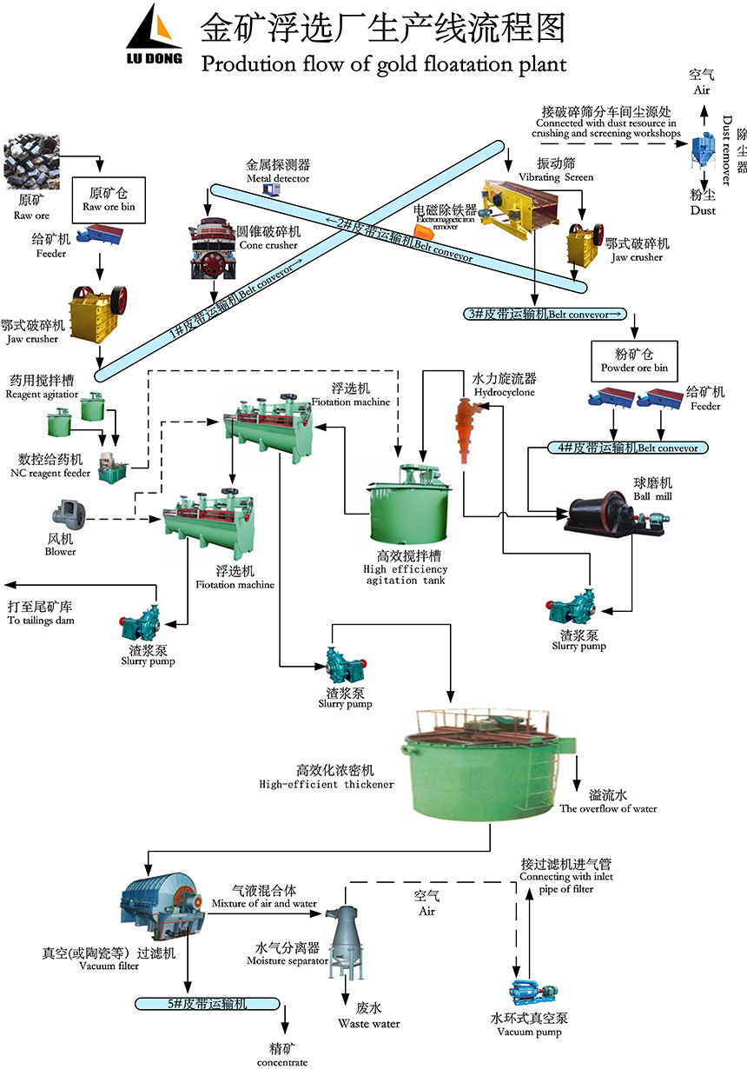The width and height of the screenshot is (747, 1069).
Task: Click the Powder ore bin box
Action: click(x=634, y=359)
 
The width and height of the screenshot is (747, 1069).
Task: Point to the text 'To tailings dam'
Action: click(x=41, y=621)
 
